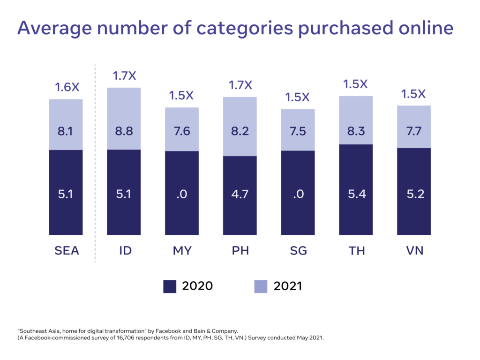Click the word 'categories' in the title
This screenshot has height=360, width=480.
245,29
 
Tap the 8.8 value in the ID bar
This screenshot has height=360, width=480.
124,131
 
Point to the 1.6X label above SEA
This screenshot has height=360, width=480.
67,88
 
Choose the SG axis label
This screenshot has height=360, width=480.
298,251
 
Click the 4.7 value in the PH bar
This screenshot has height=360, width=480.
240,194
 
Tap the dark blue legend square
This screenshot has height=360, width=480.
170,286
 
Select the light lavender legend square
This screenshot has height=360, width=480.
261,286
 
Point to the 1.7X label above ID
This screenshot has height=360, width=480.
124,76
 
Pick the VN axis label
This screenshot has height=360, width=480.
414,251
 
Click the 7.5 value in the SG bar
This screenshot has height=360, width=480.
298,131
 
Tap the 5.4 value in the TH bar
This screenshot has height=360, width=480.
357,194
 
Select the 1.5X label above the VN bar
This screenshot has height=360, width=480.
413,94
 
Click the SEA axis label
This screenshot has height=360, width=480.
67,251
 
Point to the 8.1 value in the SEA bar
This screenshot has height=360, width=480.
66,131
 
